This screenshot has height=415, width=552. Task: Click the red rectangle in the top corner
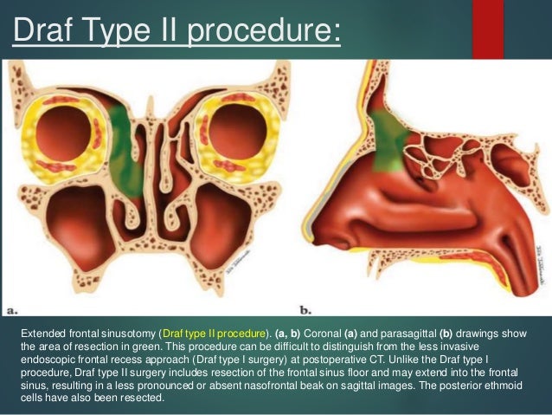point(488,26)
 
